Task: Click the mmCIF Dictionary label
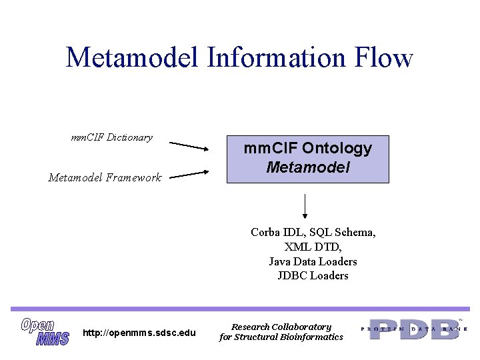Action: click(111, 137)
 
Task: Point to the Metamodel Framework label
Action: click(105, 177)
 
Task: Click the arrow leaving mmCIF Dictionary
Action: click(189, 145)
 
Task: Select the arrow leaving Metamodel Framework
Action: click(189, 175)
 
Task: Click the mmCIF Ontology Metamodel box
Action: click(307, 158)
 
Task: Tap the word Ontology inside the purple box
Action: click(336, 148)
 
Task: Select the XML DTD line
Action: click(313, 247)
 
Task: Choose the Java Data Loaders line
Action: click(313, 261)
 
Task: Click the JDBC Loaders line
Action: click(313, 275)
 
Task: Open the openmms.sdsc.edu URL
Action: click(139, 333)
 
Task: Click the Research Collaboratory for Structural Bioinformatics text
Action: click(281, 332)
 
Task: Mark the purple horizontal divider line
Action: click(240, 309)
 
